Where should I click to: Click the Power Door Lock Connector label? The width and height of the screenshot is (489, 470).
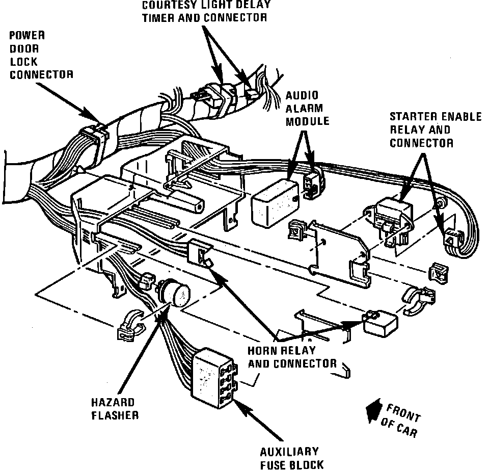[41, 55]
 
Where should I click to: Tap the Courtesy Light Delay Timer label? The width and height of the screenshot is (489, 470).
[205, 11]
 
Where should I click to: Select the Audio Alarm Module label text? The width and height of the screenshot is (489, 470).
[307, 109]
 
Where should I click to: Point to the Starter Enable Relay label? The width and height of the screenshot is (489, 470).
[435, 129]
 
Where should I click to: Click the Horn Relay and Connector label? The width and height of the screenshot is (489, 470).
[292, 357]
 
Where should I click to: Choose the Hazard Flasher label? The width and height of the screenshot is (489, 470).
[115, 409]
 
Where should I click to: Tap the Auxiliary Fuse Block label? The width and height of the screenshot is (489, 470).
[289, 458]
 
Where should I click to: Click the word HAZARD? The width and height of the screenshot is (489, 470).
[113, 403]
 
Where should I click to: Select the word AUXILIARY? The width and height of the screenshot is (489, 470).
[289, 452]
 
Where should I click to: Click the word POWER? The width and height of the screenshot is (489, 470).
[28, 36]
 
